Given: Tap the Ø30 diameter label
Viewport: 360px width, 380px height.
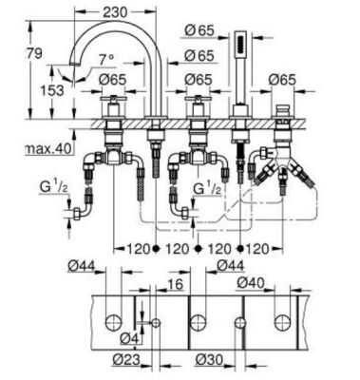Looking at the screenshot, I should click(209, 360).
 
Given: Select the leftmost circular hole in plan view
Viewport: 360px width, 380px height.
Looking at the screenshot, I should click(117, 319).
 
